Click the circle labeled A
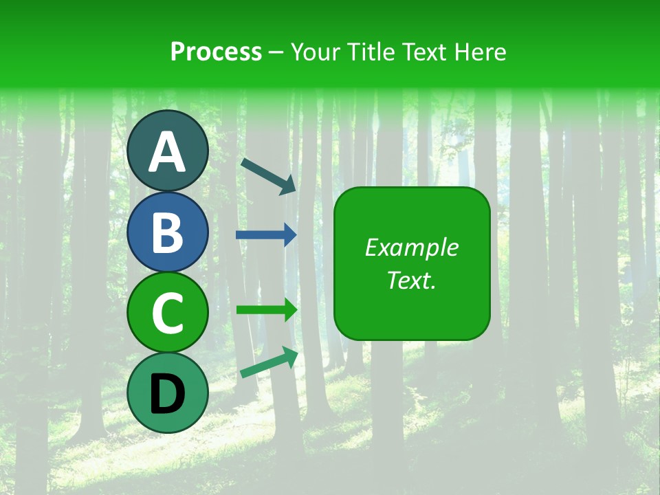pyautogui.click(x=168, y=151)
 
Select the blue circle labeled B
pyautogui.click(x=168, y=232)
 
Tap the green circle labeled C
pyautogui.click(x=168, y=313)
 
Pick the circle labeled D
pyautogui.click(x=168, y=393)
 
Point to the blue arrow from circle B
pyautogui.click(x=267, y=234)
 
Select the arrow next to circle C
pyautogui.click(x=267, y=309)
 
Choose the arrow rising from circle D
pyautogui.click(x=269, y=363)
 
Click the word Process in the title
pyautogui.click(x=216, y=52)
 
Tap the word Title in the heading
pyautogui.click(x=371, y=52)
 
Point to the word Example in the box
pyautogui.click(x=412, y=247)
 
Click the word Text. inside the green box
pyautogui.click(x=412, y=280)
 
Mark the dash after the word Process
pyautogui.click(x=276, y=52)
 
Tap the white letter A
pyautogui.click(x=168, y=152)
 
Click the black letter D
pyautogui.click(x=168, y=394)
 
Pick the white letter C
pyautogui.click(x=168, y=313)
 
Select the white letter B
pyautogui.click(x=168, y=232)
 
